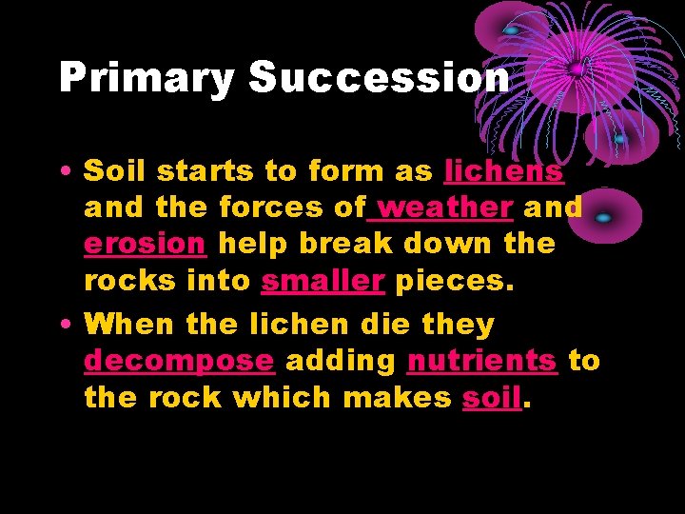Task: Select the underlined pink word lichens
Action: coord(504,171)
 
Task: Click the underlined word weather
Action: coord(446,208)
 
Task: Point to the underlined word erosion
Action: coord(145,244)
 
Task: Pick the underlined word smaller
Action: coord(323,280)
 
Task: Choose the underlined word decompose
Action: coord(179,362)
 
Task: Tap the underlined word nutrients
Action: coord(482,361)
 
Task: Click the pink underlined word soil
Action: coord(492,397)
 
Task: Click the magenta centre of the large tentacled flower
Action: coord(577,69)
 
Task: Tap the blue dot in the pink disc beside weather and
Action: coord(603,217)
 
